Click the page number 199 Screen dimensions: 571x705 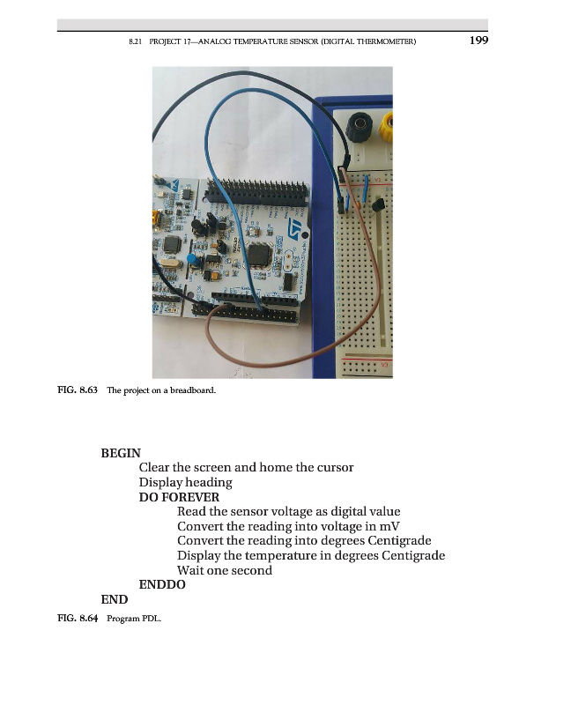coord(478,41)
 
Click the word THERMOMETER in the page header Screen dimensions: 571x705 coord(385,41)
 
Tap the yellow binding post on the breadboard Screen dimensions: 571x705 coord(386,126)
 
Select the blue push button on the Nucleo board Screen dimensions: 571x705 coord(193,260)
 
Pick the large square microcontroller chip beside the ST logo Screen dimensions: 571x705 coord(258,255)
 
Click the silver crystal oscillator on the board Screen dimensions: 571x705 coord(167,263)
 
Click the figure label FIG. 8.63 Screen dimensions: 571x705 coord(78,390)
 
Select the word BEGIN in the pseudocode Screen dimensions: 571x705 coord(121,453)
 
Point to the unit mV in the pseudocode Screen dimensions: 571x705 coord(389,526)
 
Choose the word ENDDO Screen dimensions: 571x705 coord(162,584)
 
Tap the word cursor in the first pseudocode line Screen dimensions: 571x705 coord(335,468)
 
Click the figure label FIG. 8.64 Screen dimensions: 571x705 coord(78,618)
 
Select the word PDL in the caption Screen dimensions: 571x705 coord(152,619)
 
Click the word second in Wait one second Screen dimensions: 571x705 coord(252,570)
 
